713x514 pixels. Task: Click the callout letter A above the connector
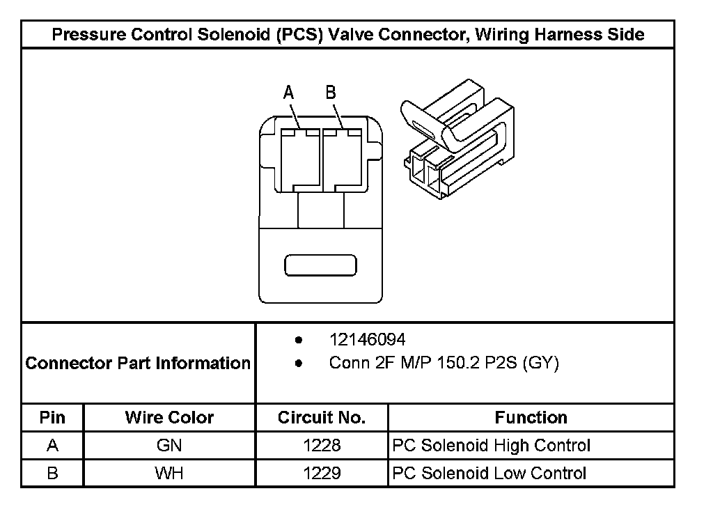289,93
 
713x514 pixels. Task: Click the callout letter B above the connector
331,93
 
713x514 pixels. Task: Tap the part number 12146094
368,339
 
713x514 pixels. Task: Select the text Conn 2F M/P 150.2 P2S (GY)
444,363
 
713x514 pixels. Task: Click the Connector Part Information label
138,363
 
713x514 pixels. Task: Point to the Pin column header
52,418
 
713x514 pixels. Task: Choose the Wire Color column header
169,418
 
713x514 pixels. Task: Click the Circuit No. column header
322,418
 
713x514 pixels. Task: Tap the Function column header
531,418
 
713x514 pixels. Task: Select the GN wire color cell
169,445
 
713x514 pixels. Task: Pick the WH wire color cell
169,474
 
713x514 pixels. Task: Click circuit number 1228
322,445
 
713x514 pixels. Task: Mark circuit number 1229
322,474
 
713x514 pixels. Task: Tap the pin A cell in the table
52,445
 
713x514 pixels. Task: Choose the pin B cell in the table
52,474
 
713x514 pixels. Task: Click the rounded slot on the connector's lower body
320,265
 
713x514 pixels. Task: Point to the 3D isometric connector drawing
457,139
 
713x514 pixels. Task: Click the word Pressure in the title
88,35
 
